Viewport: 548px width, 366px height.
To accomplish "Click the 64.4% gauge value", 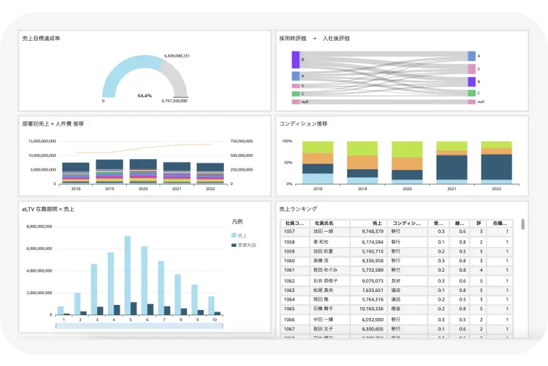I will [x=144, y=95].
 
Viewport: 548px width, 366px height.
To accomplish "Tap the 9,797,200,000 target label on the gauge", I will [x=174, y=101].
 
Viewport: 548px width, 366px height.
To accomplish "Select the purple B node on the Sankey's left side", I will [x=296, y=59].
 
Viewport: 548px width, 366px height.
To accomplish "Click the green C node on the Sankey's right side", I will [x=472, y=93].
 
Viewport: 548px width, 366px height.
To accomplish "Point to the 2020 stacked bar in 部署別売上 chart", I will [x=143, y=170].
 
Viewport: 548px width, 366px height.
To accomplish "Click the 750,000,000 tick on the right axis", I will [x=241, y=141].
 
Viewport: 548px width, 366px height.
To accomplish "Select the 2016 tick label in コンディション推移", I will [x=317, y=188].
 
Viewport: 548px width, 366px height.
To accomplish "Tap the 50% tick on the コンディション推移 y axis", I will [x=287, y=163].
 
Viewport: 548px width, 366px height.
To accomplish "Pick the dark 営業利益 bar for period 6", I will [x=150, y=309].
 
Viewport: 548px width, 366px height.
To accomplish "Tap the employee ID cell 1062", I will [x=289, y=280].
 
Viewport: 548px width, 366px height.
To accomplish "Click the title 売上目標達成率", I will [x=41, y=38].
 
